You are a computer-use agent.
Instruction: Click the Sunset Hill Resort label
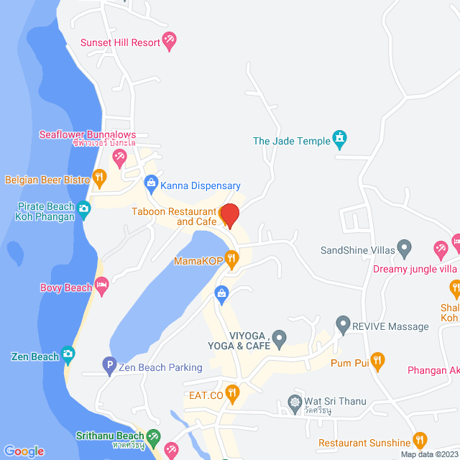click(120, 42)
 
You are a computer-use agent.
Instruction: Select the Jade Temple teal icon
click(340, 139)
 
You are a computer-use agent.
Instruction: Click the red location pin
click(229, 216)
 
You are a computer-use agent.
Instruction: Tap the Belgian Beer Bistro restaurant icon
click(100, 177)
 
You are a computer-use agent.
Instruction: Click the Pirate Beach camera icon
click(84, 209)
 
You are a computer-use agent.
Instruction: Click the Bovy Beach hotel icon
click(101, 287)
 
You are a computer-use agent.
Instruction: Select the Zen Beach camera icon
click(68, 354)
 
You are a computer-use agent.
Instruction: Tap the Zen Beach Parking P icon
click(109, 367)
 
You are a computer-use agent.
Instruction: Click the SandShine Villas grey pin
click(405, 250)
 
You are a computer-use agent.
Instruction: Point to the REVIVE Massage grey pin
click(343, 326)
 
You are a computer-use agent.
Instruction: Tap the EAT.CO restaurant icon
click(231, 393)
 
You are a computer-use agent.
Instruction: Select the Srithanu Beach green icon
click(153, 436)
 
